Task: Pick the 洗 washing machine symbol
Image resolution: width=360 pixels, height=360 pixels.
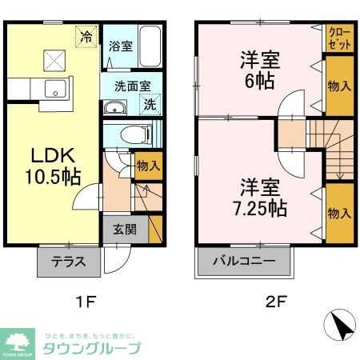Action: [150, 103]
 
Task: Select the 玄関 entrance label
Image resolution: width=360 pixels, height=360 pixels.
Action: [123, 229]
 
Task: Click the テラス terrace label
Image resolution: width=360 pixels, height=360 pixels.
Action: [68, 262]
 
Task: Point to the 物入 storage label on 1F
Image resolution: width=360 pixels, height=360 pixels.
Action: [148, 166]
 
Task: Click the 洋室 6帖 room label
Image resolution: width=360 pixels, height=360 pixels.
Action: [259, 70]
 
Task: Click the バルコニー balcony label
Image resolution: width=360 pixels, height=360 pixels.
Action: [246, 262]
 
